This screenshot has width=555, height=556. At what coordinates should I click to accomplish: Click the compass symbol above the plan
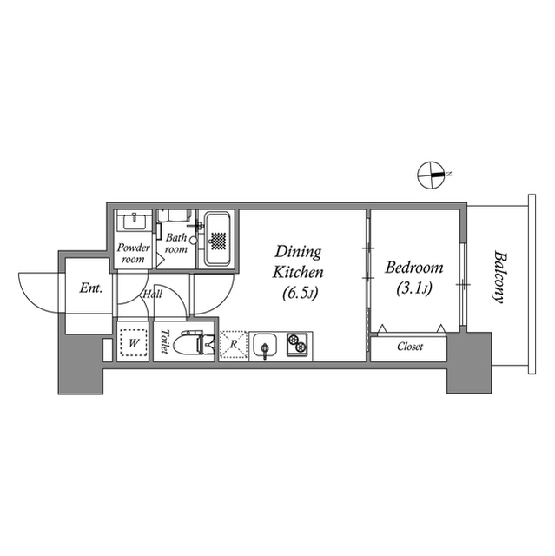tap(432, 175)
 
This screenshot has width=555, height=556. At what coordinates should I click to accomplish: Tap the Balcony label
tap(499, 276)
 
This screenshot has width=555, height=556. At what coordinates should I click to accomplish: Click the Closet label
tap(410, 347)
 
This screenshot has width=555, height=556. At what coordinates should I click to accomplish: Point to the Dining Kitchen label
tap(297, 261)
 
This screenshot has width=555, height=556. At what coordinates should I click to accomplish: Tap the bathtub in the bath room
tap(215, 239)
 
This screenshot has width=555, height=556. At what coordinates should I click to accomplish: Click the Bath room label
tap(176, 243)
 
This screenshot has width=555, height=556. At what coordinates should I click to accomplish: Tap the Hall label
tap(153, 295)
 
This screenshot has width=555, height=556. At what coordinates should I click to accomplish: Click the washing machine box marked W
tap(133, 343)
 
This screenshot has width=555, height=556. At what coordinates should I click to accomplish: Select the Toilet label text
tap(163, 343)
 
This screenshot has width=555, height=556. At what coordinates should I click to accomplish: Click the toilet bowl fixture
tap(191, 345)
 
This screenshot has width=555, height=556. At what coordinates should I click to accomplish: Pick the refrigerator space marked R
tap(233, 345)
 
